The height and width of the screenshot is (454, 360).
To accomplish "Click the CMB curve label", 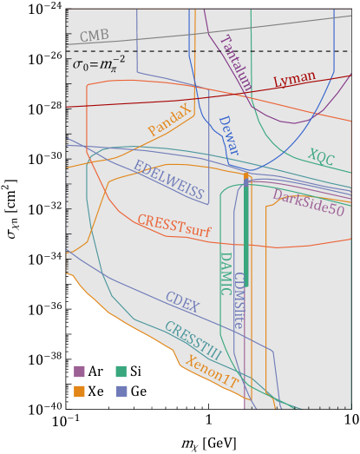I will (x=95, y=36).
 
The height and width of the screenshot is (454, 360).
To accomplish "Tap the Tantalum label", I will (x=235, y=63).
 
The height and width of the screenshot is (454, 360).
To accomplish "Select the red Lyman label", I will (x=295, y=79).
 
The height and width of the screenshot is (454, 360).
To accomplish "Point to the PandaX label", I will (x=169, y=121).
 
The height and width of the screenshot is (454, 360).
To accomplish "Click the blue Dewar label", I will (x=227, y=135).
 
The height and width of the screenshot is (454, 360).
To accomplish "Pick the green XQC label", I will (x=320, y=157).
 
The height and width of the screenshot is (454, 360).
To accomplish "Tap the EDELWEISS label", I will (x=168, y=181).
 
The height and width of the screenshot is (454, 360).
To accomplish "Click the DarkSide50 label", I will (x=308, y=203).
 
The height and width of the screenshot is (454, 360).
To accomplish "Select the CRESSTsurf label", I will (x=173, y=227).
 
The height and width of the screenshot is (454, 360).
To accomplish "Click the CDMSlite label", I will (x=238, y=300).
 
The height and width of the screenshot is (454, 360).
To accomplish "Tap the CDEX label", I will (x=182, y=302).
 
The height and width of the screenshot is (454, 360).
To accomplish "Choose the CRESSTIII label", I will (x=192, y=341).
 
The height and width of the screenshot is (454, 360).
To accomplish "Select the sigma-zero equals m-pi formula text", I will (x=99, y=63).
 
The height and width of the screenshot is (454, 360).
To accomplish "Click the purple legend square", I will (x=79, y=372).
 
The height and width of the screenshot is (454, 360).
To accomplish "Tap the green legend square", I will (x=121, y=372).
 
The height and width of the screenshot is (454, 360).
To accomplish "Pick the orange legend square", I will (x=79, y=391).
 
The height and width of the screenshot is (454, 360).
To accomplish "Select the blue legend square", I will (x=121, y=391).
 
